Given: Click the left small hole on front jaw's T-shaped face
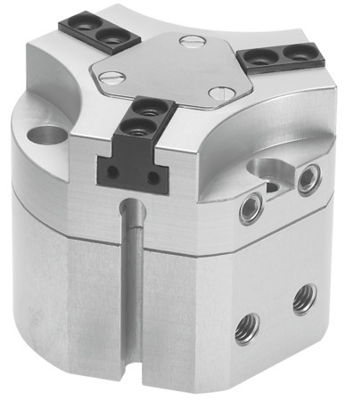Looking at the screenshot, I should [x=111, y=172].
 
